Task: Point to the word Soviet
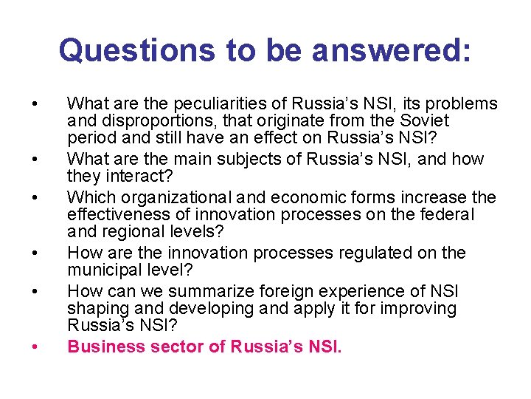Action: pyautogui.click(x=423, y=120)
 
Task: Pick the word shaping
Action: pyautogui.click(x=93, y=309)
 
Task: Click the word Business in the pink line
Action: pyautogui.click(x=101, y=347)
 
